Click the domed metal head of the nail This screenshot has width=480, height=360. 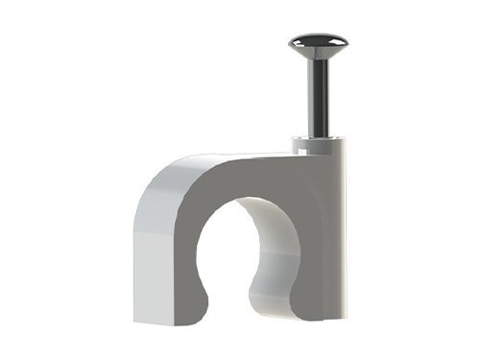pyautogui.click(x=318, y=43)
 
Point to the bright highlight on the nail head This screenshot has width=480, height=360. pyautogui.click(x=313, y=39)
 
